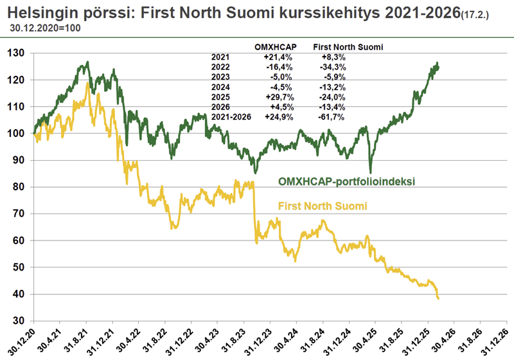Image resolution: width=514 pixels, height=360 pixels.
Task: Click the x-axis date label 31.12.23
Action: (259, 341)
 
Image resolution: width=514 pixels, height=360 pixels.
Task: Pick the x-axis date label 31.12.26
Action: (495, 341)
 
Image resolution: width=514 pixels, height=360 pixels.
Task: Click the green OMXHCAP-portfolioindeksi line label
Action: (346, 181)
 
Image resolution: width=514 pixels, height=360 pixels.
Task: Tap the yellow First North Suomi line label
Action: (322, 206)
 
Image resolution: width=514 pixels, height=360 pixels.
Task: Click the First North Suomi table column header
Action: (343, 46)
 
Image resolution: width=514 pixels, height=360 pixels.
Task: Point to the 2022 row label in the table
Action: (220, 67)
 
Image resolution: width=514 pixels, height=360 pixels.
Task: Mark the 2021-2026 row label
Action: (232, 117)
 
